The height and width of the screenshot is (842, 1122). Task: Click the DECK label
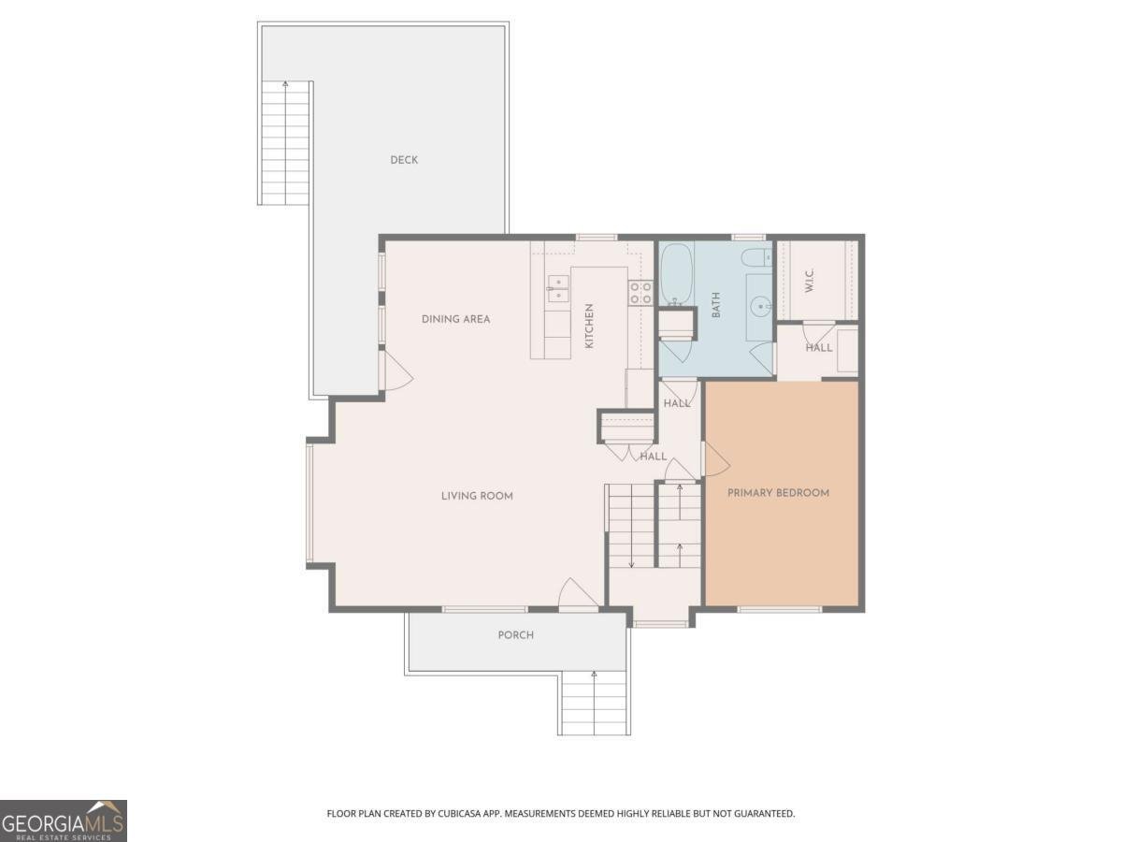click(x=404, y=160)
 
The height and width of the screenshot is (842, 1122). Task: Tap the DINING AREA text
click(x=455, y=319)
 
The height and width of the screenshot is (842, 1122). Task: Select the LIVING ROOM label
click(x=477, y=496)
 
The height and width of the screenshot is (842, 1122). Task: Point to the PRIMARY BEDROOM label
click(x=778, y=493)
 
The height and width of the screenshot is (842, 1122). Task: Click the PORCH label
click(x=515, y=635)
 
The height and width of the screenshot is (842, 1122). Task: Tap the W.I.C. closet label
click(x=810, y=280)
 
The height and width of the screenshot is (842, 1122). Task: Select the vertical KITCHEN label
click(x=589, y=326)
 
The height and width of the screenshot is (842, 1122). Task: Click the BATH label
click(x=716, y=305)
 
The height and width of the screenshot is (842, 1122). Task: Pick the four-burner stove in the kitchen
click(x=640, y=293)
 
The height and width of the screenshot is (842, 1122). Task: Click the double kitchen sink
click(x=559, y=289)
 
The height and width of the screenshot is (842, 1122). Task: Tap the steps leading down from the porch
click(x=594, y=704)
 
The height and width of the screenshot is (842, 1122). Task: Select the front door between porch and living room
click(x=577, y=595)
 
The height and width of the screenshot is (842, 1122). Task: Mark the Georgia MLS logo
click(x=63, y=820)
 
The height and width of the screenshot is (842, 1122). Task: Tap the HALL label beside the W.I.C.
click(x=819, y=348)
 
